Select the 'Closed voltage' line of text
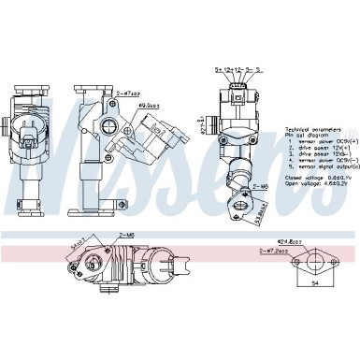pos(290,175)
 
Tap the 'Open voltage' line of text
pos(289,181)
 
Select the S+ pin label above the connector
pos(218,69)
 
